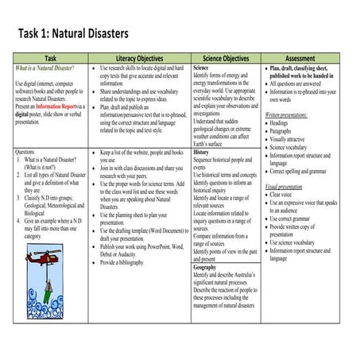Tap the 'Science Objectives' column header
coord(226,59)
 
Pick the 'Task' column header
coord(50,59)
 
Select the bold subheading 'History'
coord(204,151)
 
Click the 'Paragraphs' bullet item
coord(287,131)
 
